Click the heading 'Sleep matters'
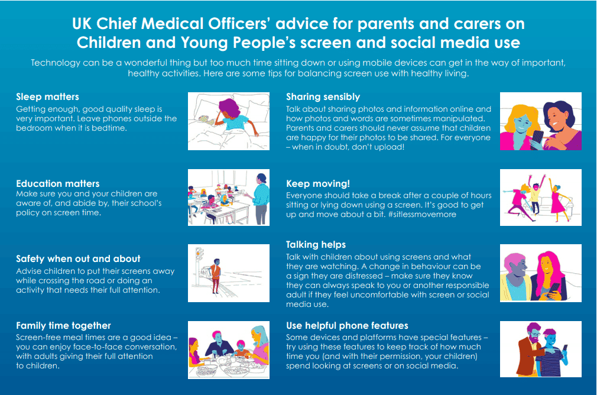click(x=47, y=97)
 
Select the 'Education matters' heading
click(x=58, y=184)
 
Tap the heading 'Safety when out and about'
click(x=78, y=258)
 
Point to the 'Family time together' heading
click(x=63, y=326)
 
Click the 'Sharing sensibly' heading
click(x=323, y=97)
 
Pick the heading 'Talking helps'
click(x=316, y=244)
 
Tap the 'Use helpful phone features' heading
click(x=347, y=326)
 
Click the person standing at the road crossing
click(x=216, y=274)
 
